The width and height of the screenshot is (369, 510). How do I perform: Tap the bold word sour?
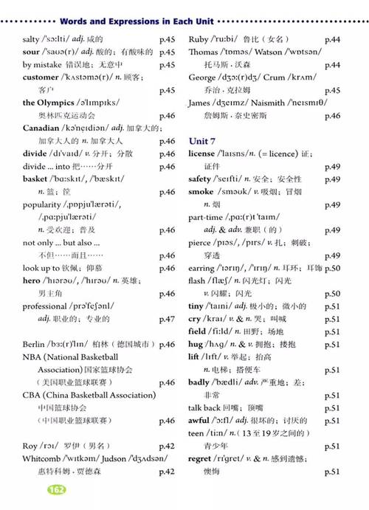pos(31,52)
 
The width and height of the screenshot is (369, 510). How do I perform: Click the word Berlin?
pos(34,345)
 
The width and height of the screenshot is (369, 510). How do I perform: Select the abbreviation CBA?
pos(32,395)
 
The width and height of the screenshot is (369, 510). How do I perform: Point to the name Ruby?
pos(199,39)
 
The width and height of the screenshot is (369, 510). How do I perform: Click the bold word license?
pos(202,154)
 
